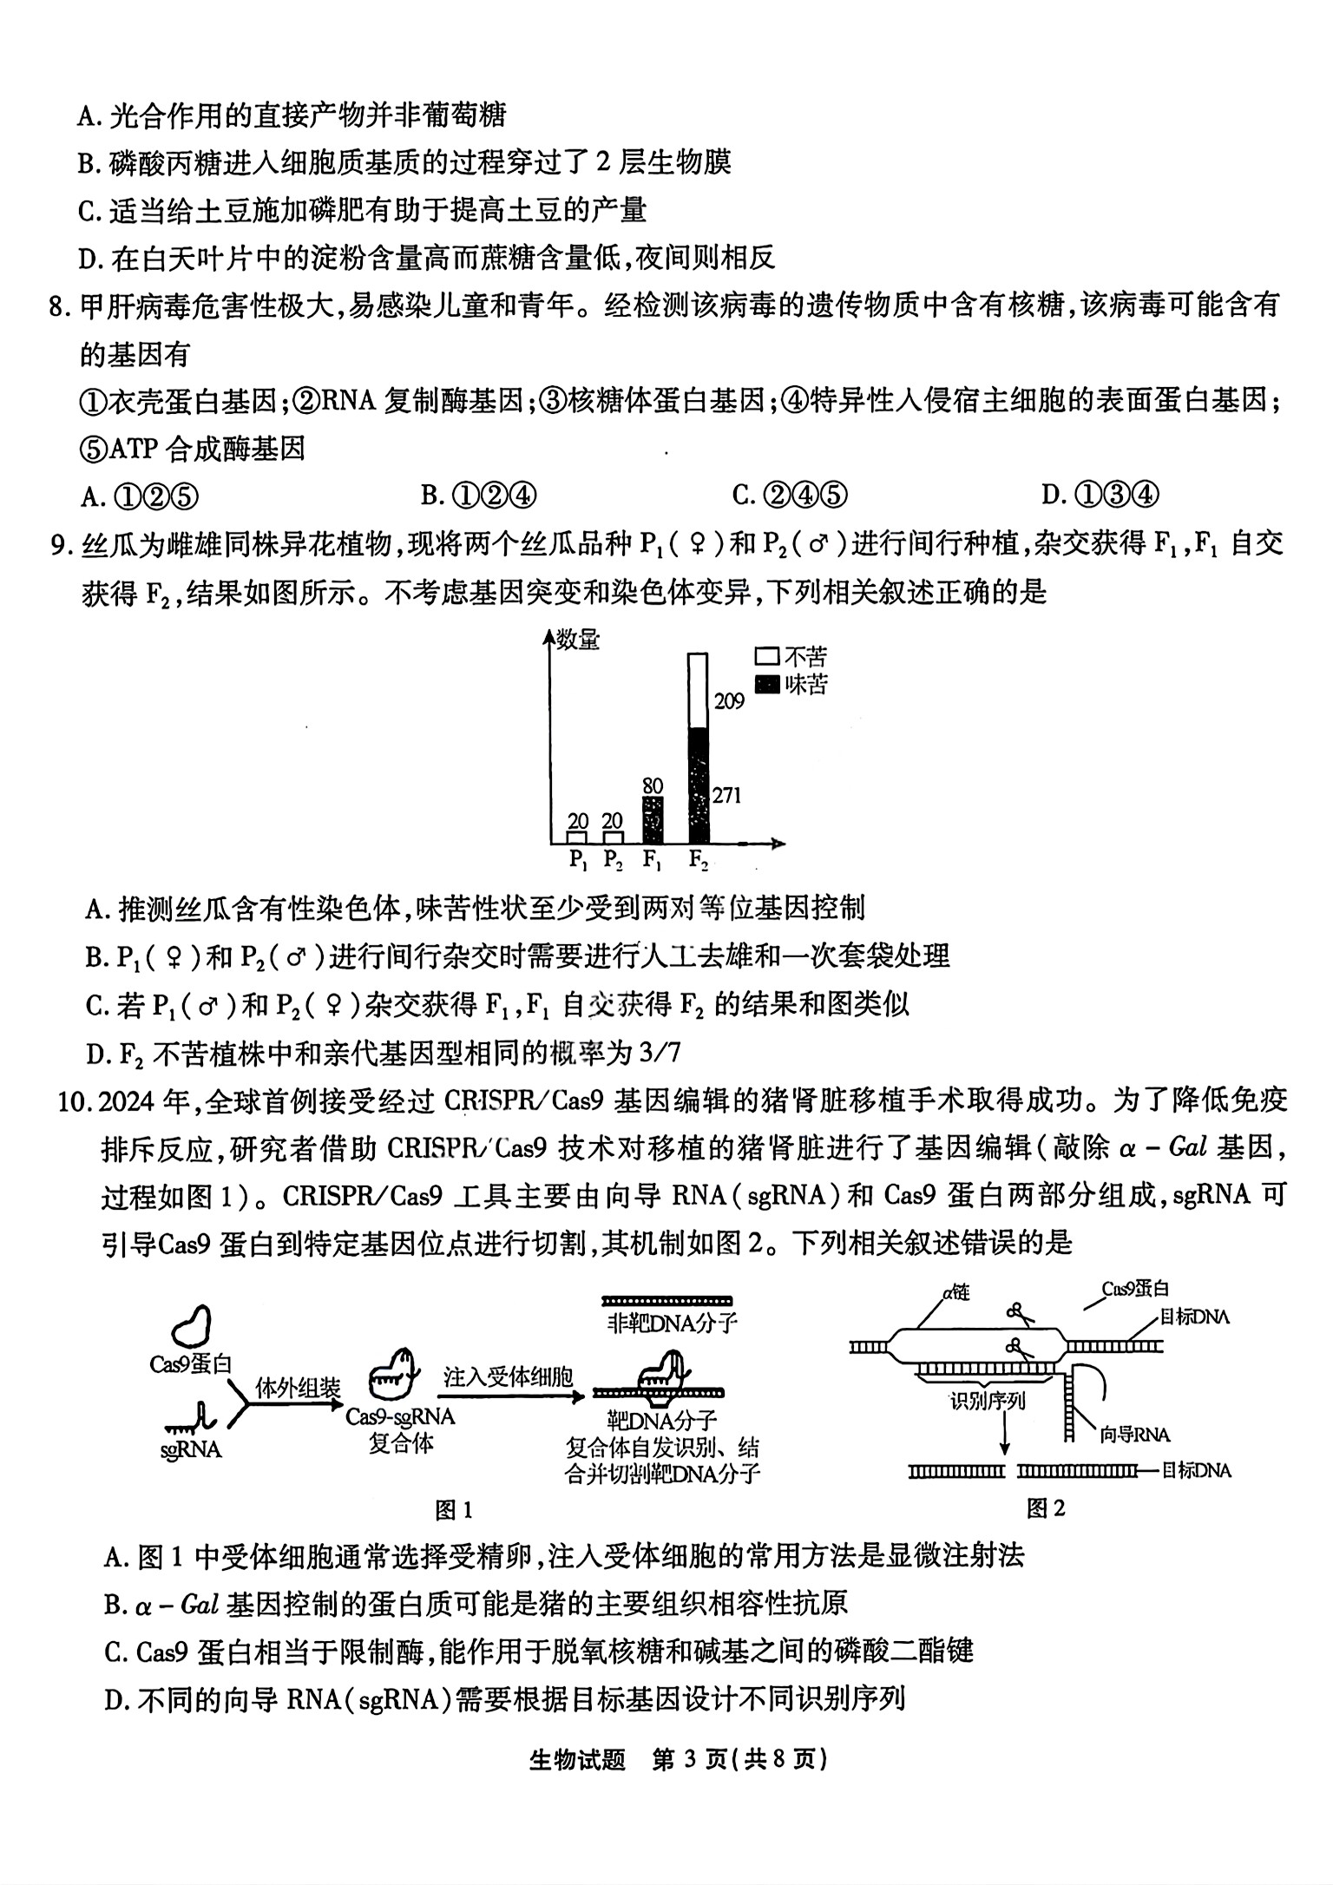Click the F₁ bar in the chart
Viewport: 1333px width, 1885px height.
(653, 820)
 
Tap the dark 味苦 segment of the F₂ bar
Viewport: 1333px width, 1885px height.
(699, 785)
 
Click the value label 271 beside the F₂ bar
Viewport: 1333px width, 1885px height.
(726, 795)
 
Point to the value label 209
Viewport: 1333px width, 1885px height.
(729, 700)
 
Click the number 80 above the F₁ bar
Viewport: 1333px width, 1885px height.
(653, 785)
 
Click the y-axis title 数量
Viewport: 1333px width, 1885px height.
(578, 641)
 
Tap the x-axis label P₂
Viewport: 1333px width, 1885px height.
(613, 860)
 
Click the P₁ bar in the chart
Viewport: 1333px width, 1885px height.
(577, 837)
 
